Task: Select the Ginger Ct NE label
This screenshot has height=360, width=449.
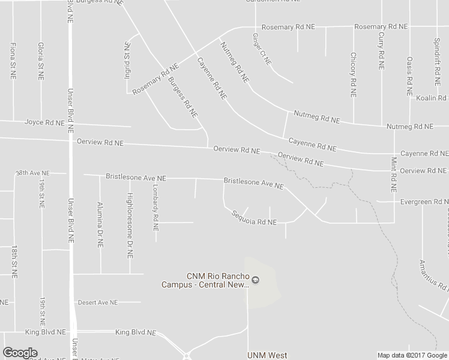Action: (x=262, y=49)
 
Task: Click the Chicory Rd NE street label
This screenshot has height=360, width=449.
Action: (x=353, y=75)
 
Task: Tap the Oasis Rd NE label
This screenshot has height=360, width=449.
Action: (x=409, y=74)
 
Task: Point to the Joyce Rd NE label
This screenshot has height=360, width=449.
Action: (x=44, y=122)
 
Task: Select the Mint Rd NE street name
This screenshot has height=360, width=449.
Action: (x=394, y=175)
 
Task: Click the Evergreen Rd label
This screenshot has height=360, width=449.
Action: (x=416, y=202)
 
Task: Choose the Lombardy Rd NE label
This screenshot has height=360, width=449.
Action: (x=155, y=207)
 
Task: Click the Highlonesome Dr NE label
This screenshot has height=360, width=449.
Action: (x=128, y=225)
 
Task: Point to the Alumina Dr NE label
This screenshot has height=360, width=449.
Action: (x=100, y=224)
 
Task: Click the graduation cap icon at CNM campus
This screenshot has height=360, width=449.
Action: (x=255, y=280)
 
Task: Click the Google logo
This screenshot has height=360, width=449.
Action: (x=20, y=353)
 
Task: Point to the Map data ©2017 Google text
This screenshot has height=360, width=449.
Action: (x=412, y=355)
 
